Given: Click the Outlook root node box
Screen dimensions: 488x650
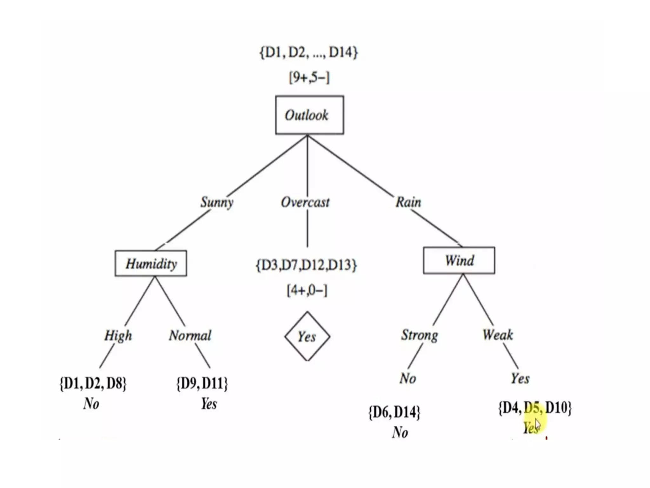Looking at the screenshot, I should (309, 115).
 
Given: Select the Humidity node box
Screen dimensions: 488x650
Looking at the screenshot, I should (151, 263).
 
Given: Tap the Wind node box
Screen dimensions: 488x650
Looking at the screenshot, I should (459, 260).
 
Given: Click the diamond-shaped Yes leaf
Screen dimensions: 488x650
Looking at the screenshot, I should (307, 336).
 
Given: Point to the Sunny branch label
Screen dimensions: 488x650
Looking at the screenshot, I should (217, 202).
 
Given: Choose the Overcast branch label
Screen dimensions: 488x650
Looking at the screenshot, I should (305, 202).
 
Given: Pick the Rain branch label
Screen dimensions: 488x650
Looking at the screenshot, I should (408, 202).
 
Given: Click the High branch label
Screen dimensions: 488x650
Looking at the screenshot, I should (118, 335).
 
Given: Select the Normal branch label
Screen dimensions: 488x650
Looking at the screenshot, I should (190, 335).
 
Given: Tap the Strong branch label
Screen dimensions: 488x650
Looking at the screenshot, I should (419, 335).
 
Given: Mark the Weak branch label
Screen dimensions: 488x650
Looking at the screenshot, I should (497, 335).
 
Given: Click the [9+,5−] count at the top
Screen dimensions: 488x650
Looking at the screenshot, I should (309, 77).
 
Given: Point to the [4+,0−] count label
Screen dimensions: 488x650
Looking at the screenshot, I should (307, 290).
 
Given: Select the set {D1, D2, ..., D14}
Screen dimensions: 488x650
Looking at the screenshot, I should (308, 52).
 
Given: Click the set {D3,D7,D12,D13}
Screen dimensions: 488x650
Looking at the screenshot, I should (306, 265).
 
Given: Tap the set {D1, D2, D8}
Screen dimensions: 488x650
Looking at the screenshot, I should (93, 383).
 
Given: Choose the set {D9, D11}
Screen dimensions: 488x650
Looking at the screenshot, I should (202, 383).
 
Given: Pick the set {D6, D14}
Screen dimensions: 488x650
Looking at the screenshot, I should (394, 412).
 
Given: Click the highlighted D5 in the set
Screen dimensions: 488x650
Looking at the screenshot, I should (533, 408).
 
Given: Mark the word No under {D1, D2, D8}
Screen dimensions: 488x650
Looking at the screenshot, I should (91, 404).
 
